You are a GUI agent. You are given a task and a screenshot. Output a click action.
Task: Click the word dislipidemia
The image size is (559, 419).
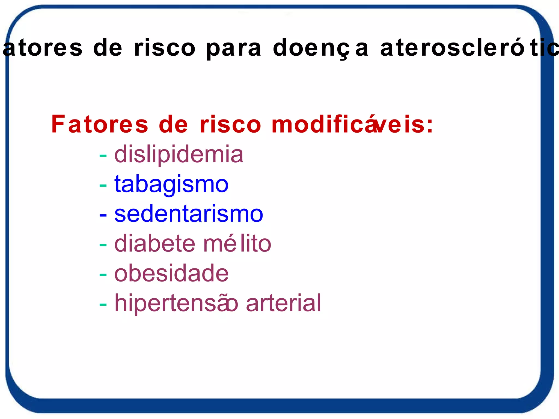(x=179, y=155)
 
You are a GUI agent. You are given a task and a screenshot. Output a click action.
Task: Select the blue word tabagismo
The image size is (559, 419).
(x=171, y=185)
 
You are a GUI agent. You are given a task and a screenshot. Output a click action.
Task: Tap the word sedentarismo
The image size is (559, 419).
(x=189, y=214)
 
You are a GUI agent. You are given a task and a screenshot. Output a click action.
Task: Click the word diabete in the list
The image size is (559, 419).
(x=154, y=244)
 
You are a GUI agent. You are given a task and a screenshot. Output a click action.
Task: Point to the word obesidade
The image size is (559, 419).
(x=171, y=273)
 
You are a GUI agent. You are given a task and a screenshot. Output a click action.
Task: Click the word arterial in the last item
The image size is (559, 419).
(x=284, y=303)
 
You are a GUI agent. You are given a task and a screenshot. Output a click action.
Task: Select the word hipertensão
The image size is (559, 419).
(x=176, y=304)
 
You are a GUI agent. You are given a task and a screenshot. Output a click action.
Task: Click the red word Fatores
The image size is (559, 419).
(x=100, y=124)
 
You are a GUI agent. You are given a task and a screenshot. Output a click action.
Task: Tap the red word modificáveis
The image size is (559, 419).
(x=352, y=124)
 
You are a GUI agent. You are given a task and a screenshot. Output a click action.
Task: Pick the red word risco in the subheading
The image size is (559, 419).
(x=230, y=124)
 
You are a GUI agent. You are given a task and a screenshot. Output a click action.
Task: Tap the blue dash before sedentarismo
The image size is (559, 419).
(x=103, y=215)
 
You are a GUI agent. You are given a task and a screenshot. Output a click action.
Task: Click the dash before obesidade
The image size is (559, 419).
(x=103, y=275)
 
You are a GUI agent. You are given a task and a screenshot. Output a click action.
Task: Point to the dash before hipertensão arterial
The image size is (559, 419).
(x=103, y=304)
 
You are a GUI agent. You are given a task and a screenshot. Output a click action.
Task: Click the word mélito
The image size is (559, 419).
(x=237, y=244)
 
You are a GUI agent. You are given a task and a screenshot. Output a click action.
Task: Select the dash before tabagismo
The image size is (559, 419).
(x=103, y=186)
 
